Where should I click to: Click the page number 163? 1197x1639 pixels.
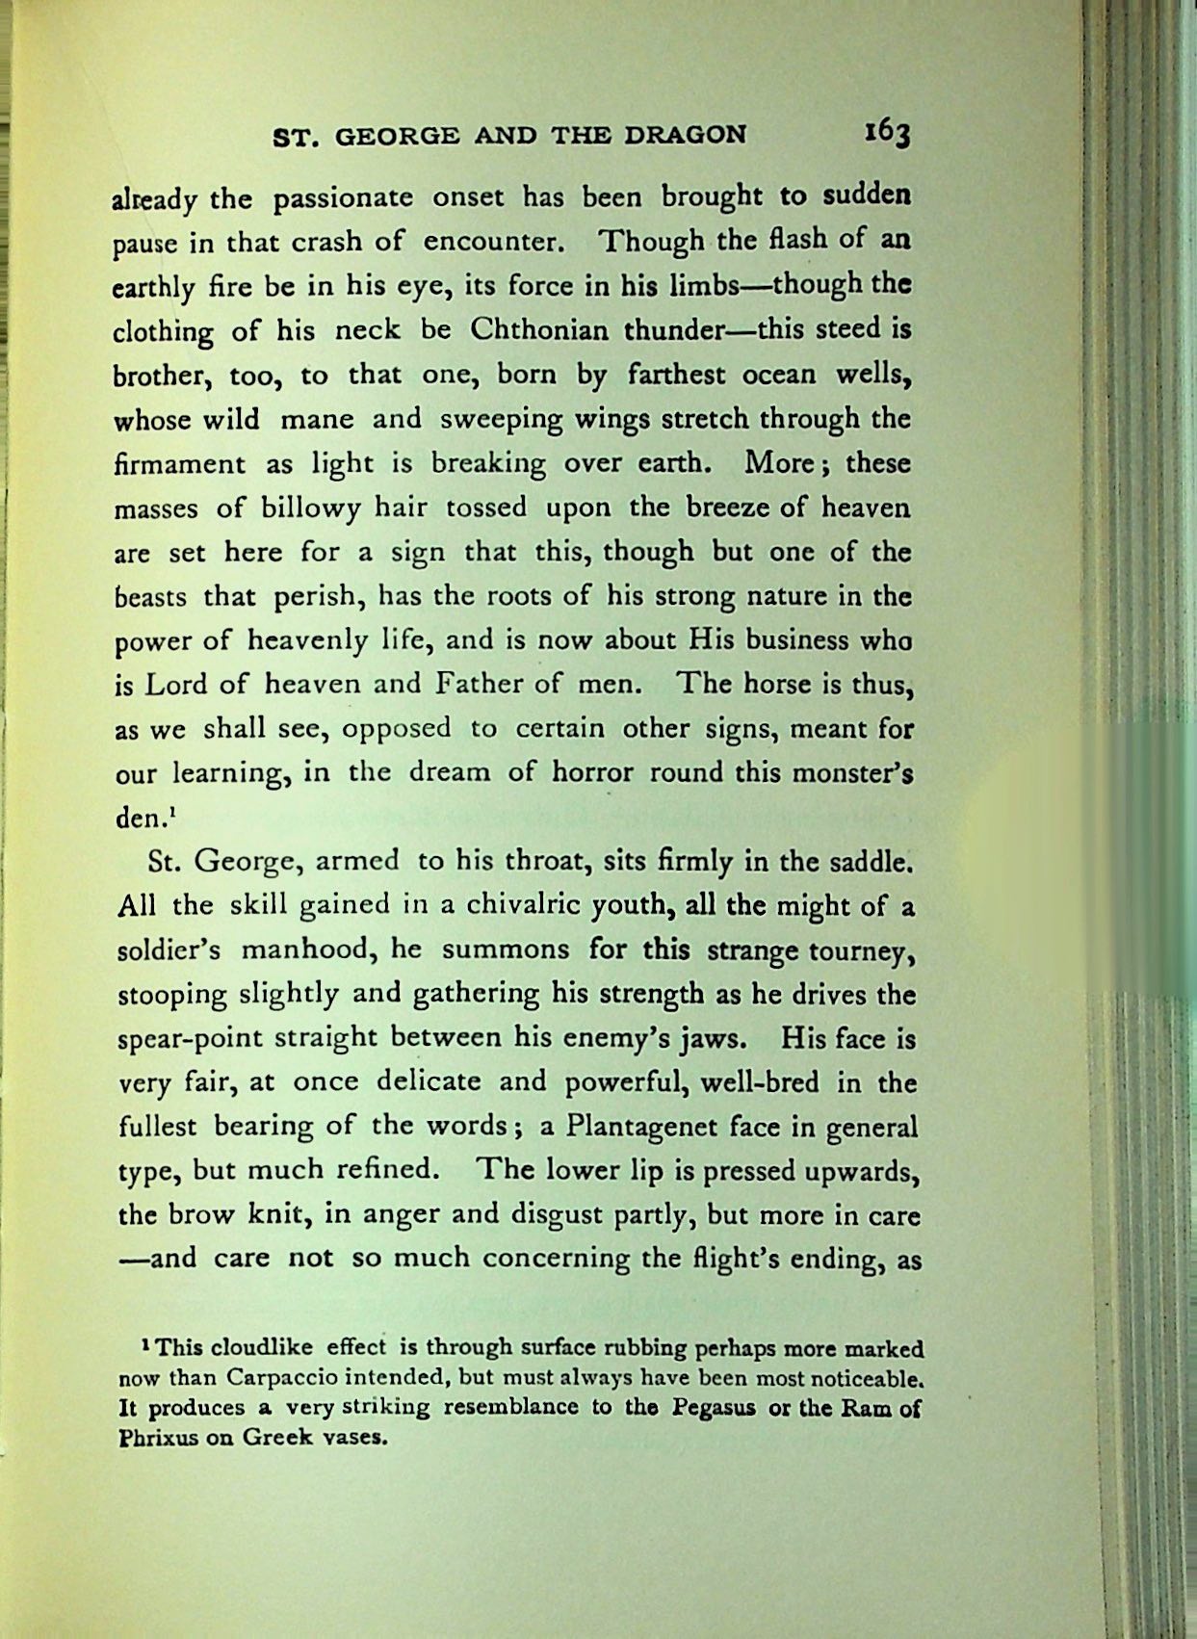point(887,133)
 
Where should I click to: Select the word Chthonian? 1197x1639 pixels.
point(539,330)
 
